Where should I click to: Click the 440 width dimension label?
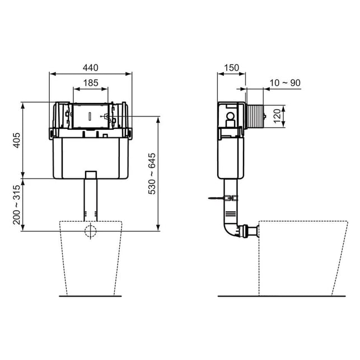tap(91, 68)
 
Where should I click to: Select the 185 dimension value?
tap(91, 83)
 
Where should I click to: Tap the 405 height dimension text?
tap(17, 141)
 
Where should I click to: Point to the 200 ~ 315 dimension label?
tap(17, 205)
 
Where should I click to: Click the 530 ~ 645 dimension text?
tap(152, 174)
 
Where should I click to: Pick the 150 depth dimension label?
tap(231, 68)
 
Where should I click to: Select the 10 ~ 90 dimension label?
tap(285, 83)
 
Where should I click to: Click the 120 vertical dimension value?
tap(277, 116)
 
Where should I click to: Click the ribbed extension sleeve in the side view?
tap(255, 117)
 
